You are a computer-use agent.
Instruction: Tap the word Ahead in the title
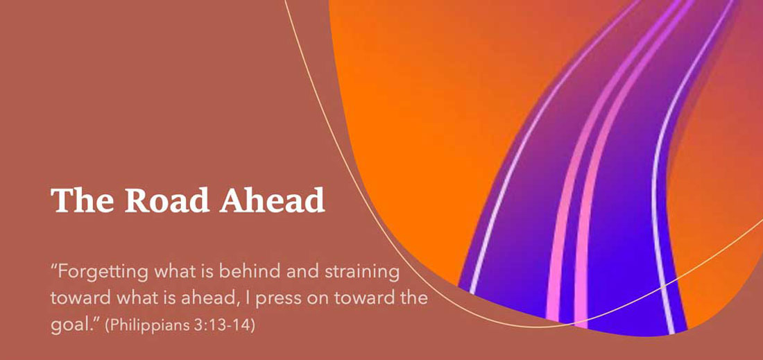pos(272,200)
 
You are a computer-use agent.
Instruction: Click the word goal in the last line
pos(68,325)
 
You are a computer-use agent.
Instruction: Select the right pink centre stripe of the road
pos(594,195)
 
